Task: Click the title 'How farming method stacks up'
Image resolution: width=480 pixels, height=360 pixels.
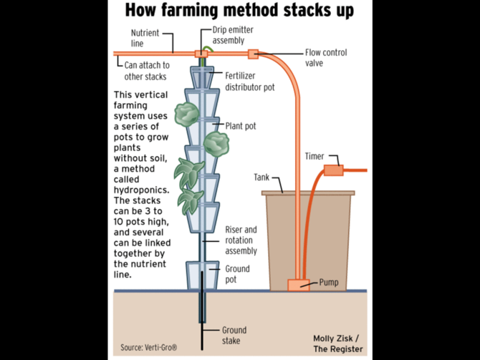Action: tap(240, 11)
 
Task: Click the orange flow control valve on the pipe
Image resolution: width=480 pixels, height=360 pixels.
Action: tap(252, 54)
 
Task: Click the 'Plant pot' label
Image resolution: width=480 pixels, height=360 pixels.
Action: tap(241, 125)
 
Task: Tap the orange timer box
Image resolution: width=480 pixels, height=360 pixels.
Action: tap(333, 170)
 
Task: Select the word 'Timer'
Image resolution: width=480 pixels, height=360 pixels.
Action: tap(315, 156)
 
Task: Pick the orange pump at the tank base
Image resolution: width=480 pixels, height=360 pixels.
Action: tap(298, 285)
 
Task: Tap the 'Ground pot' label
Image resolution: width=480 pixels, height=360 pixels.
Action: tap(238, 273)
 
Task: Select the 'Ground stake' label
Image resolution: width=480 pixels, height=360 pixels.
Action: tap(234, 335)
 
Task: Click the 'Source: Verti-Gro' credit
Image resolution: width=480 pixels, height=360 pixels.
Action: tap(148, 348)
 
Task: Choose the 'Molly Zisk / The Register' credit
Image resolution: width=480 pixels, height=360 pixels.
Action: tap(337, 343)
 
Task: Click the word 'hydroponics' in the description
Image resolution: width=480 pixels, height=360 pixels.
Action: tap(140, 190)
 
